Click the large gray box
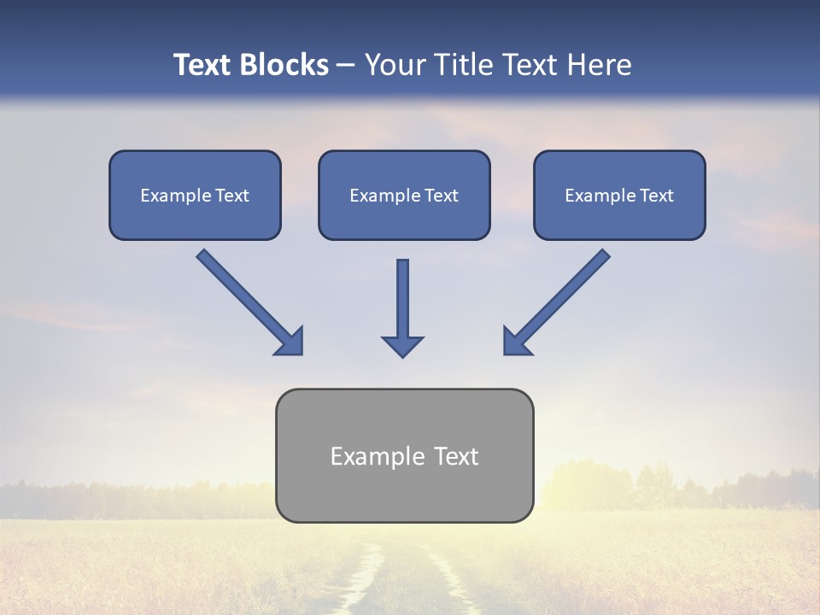(x=404, y=495)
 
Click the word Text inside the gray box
(x=455, y=456)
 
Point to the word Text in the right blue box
(x=656, y=196)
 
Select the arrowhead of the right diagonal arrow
(x=516, y=342)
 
